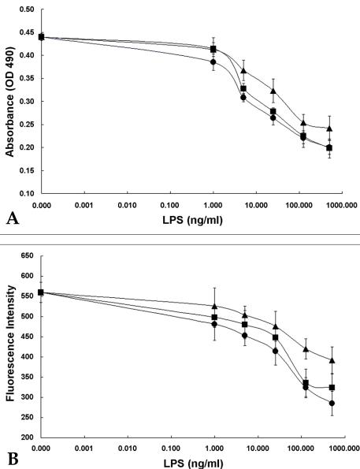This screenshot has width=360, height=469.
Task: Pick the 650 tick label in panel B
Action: [x=28, y=256]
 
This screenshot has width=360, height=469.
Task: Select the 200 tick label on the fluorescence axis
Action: [x=28, y=437]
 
